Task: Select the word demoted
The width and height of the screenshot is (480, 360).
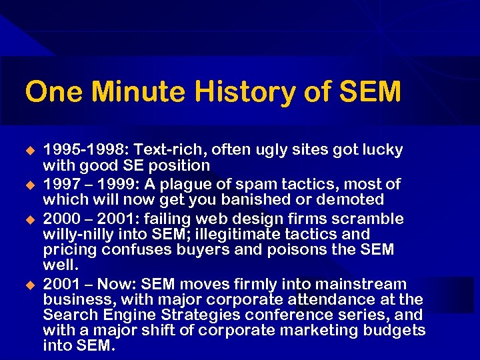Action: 354,199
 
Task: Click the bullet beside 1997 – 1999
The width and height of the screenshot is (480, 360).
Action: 29,184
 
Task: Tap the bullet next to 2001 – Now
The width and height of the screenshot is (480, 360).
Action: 29,285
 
